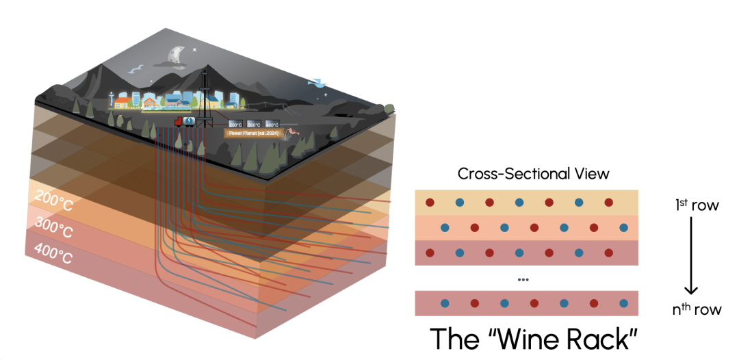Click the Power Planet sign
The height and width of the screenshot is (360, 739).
coord(254,133)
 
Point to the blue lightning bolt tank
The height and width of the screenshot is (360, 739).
coord(190,121)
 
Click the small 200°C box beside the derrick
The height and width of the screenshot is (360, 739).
coord(235,124)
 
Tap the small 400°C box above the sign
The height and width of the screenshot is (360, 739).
coord(272,124)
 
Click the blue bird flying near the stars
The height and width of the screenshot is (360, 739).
coord(315,83)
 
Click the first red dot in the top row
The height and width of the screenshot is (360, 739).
coord(430,203)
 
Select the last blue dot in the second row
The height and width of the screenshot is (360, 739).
coord(623,227)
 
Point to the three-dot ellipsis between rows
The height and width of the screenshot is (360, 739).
coord(523,280)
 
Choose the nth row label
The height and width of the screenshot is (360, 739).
coord(696,309)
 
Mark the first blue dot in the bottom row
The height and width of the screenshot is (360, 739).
coord(444,303)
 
